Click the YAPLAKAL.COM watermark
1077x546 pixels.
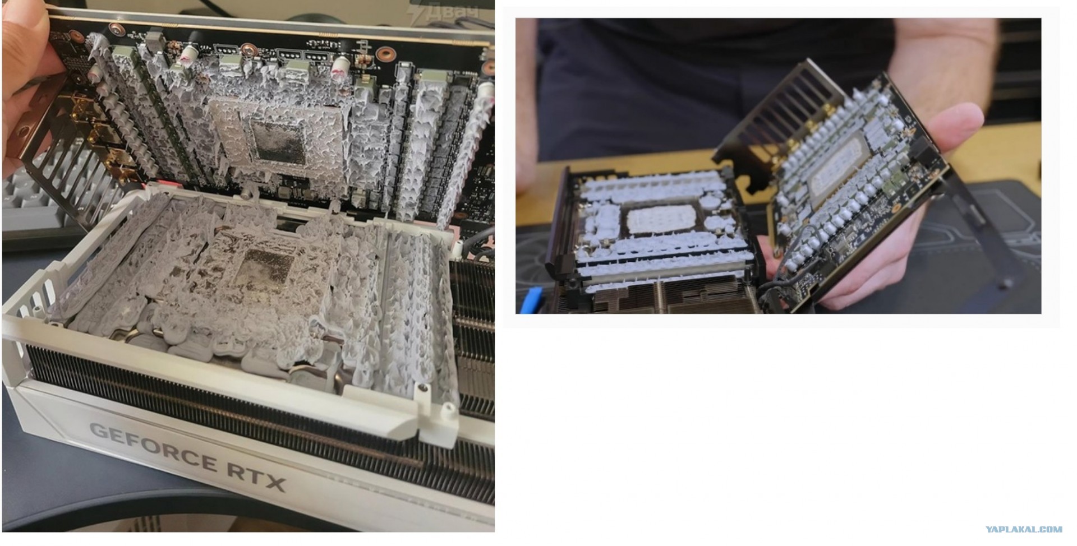[1024, 529]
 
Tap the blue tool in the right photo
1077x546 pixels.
[532, 299]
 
